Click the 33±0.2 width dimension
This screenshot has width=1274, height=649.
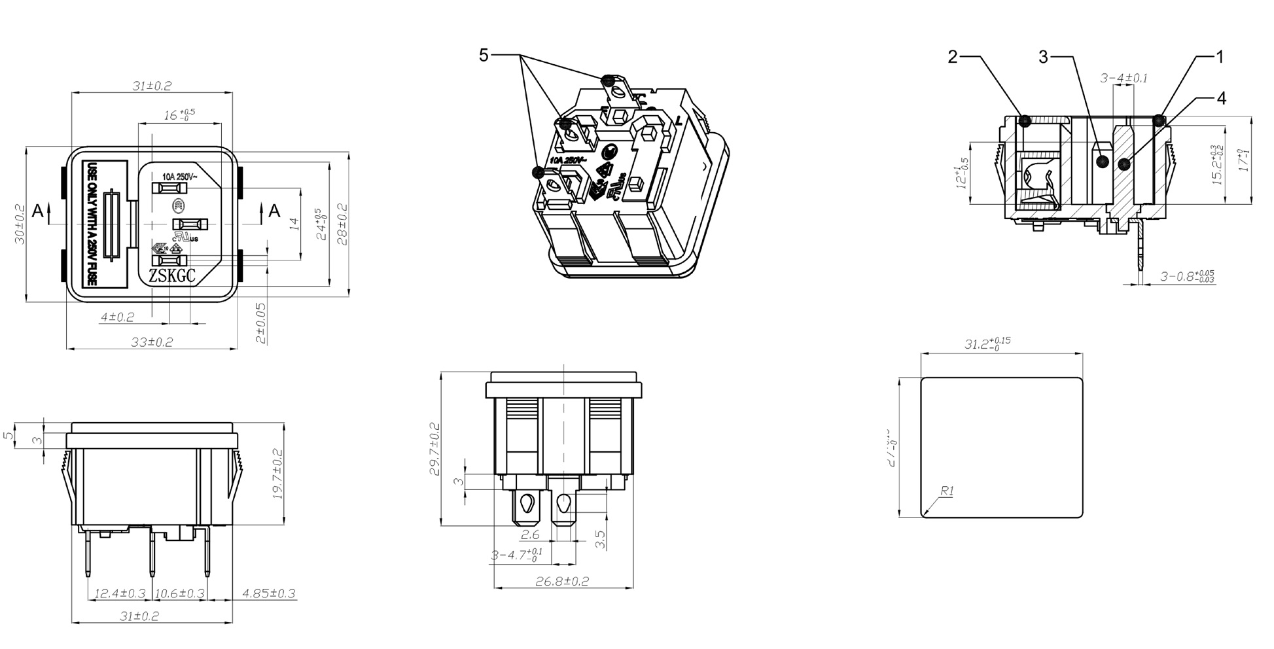[151, 342]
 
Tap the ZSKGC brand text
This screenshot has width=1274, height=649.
[172, 277]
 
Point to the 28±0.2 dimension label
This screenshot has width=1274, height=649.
[342, 224]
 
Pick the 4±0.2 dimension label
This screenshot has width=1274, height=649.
[117, 317]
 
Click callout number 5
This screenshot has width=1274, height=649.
[484, 56]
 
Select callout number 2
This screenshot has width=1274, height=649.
[953, 57]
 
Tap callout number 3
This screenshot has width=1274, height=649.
[1043, 58]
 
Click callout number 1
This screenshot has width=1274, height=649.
[1219, 57]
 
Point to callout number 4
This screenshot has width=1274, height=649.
[1221, 98]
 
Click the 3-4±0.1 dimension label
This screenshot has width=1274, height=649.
[1124, 79]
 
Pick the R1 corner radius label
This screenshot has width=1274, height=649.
[947, 491]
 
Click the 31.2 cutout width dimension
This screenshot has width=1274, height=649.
[987, 343]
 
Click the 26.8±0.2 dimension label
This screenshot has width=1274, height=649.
[562, 581]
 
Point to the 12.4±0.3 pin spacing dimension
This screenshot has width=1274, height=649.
[120, 593]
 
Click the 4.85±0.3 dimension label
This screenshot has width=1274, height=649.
[268, 593]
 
